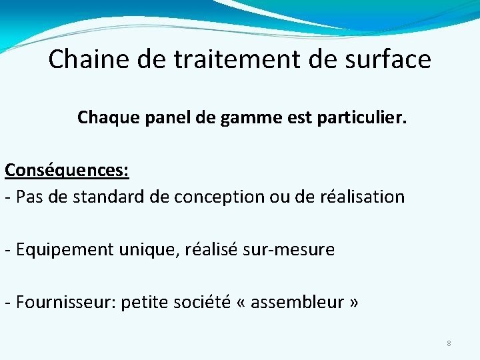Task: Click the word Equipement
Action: tap(65, 251)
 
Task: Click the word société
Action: tap(201, 303)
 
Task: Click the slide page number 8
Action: tap(449, 343)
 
